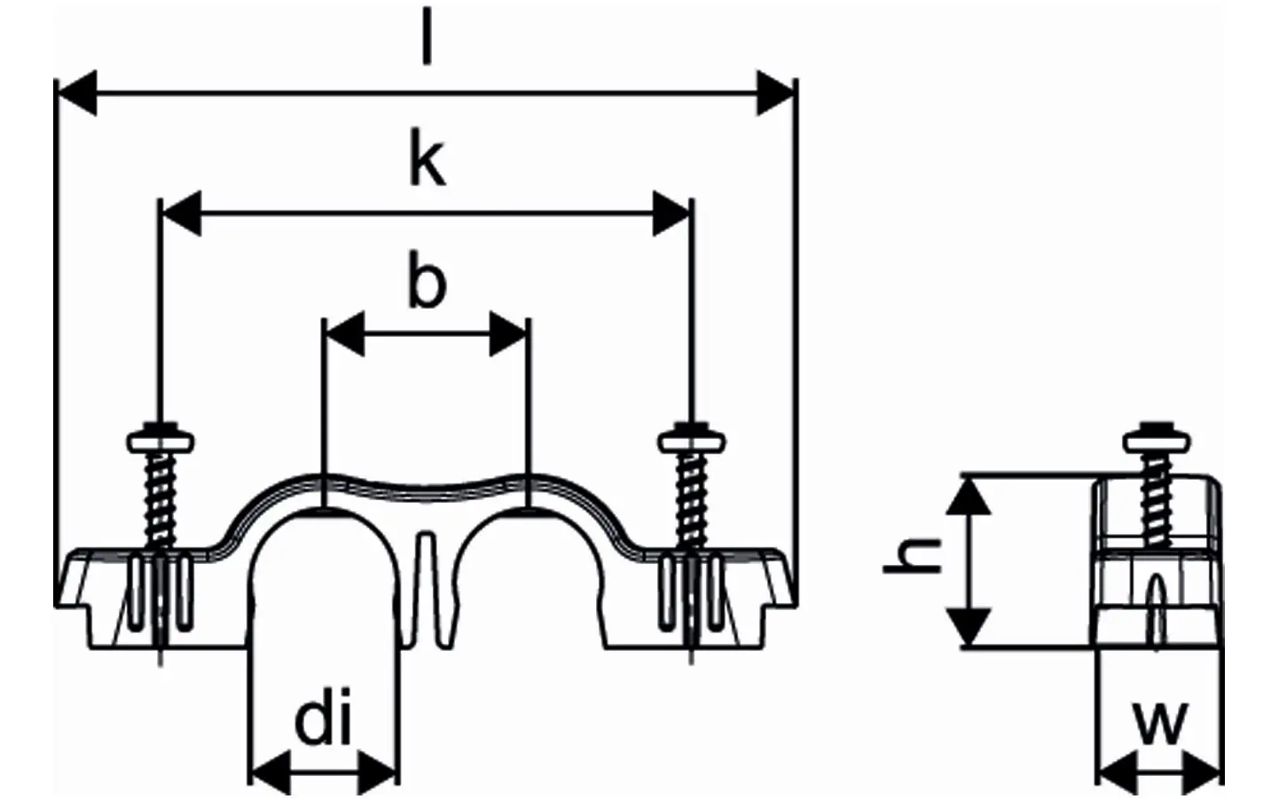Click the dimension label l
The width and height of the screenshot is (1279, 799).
[427, 39]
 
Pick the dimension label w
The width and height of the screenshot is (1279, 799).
[1159, 722]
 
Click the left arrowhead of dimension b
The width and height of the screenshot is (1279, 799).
[345, 335]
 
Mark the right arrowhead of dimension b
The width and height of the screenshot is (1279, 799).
[509, 335]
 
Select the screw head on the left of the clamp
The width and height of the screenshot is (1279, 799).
[161, 440]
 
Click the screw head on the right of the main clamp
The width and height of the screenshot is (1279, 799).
[693, 440]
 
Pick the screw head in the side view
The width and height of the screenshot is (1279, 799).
[1157, 440]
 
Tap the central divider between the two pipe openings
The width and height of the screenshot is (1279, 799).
[427, 585]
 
